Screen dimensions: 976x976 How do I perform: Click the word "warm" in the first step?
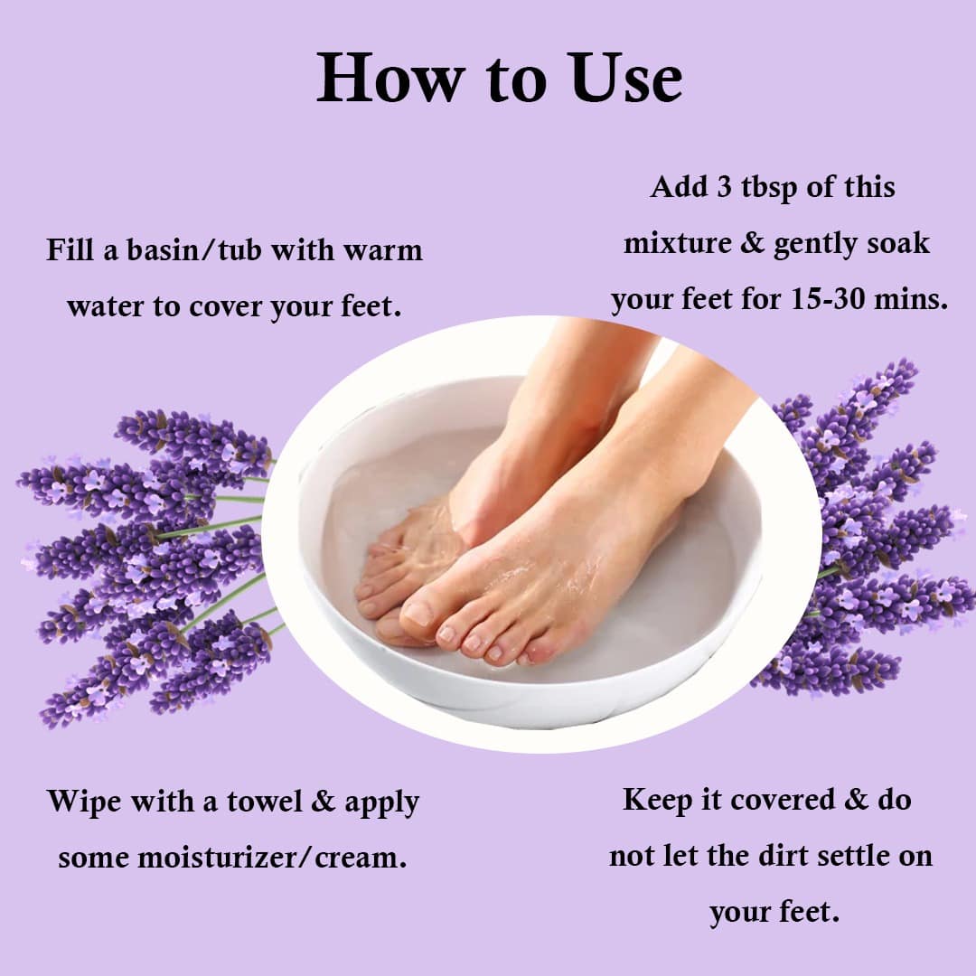tap(383, 251)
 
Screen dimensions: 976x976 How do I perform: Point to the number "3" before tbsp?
tap(724, 187)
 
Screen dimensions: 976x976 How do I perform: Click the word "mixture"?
tap(677, 243)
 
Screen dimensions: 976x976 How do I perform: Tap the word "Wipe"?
tap(84, 802)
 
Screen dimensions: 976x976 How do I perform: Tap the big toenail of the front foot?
tap(418, 613)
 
